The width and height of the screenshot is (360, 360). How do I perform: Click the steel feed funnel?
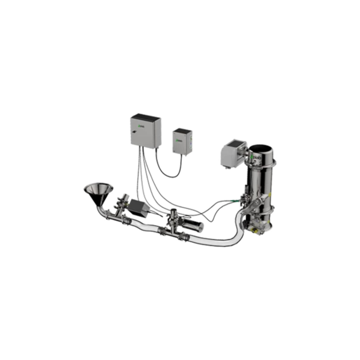point(98,191)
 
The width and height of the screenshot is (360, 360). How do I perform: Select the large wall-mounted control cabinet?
point(145,132)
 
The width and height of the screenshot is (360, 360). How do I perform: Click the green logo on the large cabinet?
point(139,126)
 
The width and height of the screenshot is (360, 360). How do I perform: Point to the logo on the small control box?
point(179,140)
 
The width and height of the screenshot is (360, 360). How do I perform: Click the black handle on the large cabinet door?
point(135,132)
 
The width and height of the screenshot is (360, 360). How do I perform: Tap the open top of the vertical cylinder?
point(261,148)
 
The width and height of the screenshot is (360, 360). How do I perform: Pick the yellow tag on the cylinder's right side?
point(271,194)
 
